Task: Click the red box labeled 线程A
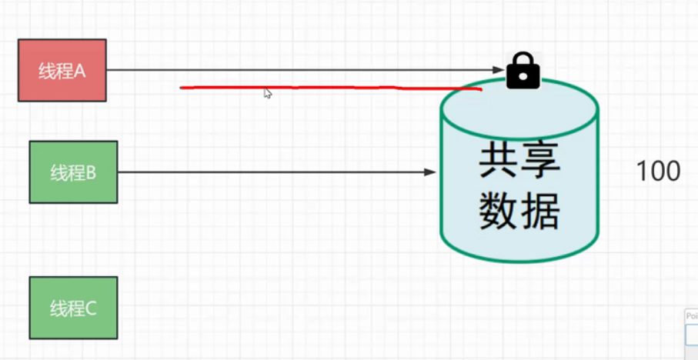pos(62,71)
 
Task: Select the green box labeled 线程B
pos(73,172)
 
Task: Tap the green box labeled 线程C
pos(73,308)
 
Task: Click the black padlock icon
pos(523,72)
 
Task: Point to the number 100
pos(658,171)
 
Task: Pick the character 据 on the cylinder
pos(541,209)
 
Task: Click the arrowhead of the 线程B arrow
pos(431,172)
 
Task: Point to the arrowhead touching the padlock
pos(500,70)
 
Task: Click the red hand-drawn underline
pos(331,87)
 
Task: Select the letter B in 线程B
pos(91,172)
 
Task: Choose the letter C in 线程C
pos(91,308)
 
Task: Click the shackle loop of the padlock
pos(523,59)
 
